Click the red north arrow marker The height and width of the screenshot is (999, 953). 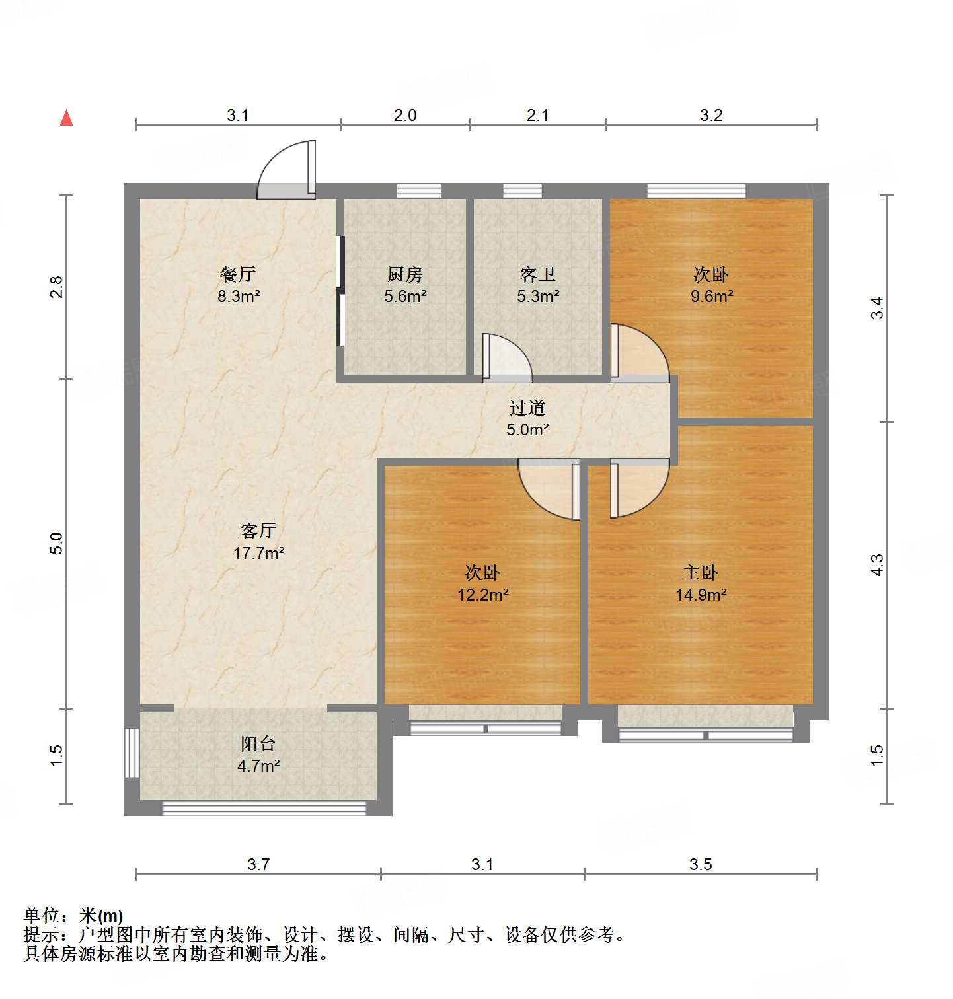pyautogui.click(x=67, y=118)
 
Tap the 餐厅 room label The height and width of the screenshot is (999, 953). pyautogui.click(x=238, y=274)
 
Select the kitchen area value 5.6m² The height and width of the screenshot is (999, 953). pyautogui.click(x=405, y=296)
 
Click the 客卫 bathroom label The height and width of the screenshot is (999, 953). pyautogui.click(x=537, y=274)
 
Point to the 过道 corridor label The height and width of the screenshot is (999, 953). pyautogui.click(x=527, y=408)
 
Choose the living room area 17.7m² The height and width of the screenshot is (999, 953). pyautogui.click(x=258, y=553)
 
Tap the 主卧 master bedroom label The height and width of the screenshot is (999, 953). pyautogui.click(x=700, y=572)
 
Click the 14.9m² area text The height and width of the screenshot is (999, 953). pyautogui.click(x=701, y=595)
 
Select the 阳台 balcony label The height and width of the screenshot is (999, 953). pyautogui.click(x=258, y=744)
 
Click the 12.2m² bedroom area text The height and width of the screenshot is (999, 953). pyautogui.click(x=482, y=595)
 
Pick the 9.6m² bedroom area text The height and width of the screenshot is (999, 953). pyautogui.click(x=711, y=296)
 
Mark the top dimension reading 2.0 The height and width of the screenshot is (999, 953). pyautogui.click(x=405, y=115)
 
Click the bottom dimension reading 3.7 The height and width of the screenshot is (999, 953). pyautogui.click(x=258, y=864)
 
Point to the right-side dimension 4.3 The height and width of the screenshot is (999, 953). pyautogui.click(x=876, y=565)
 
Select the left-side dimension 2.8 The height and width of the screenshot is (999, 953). pyautogui.click(x=57, y=287)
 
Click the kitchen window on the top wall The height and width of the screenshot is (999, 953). pyautogui.click(x=419, y=191)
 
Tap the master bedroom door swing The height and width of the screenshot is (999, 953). pyautogui.click(x=638, y=489)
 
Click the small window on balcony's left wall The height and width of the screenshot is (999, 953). pyautogui.click(x=132, y=753)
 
